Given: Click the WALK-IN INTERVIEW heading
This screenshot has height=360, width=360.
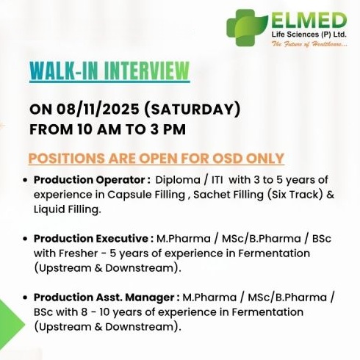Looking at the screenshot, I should pyautogui.click(x=109, y=71).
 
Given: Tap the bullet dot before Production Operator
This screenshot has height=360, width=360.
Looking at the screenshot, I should pyautogui.click(x=26, y=181).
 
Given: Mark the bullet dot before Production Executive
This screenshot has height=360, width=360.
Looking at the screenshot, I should pyautogui.click(x=26, y=239).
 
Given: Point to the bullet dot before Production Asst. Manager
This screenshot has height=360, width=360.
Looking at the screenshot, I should pyautogui.click(x=26, y=297).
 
